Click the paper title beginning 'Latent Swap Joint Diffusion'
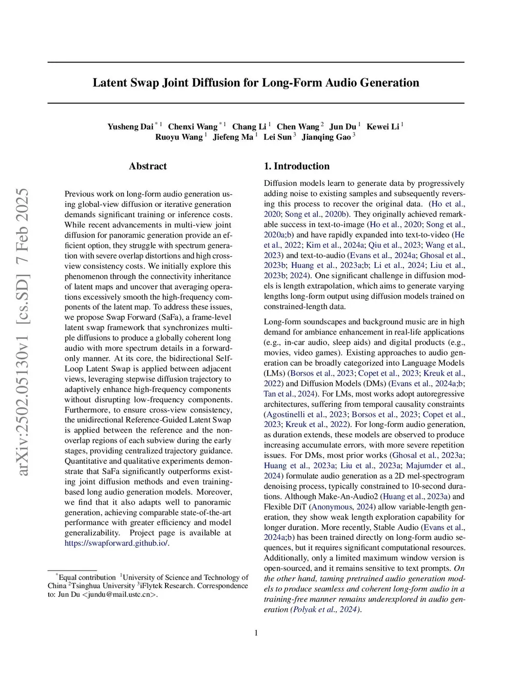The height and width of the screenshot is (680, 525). click(x=256, y=83)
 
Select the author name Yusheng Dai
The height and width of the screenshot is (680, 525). click(x=130, y=127)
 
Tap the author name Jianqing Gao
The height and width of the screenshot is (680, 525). click(x=326, y=137)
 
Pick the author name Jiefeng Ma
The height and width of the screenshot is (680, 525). click(x=233, y=137)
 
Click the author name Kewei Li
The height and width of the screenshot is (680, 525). click(x=382, y=127)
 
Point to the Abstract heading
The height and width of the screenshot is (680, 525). click(x=148, y=166)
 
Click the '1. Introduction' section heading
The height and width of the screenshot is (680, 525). click(x=296, y=166)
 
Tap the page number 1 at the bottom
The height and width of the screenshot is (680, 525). click(x=256, y=633)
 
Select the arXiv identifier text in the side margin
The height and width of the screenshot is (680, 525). click(x=23, y=332)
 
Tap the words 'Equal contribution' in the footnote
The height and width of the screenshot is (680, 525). click(x=87, y=577)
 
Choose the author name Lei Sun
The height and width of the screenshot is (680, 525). click(x=277, y=137)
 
